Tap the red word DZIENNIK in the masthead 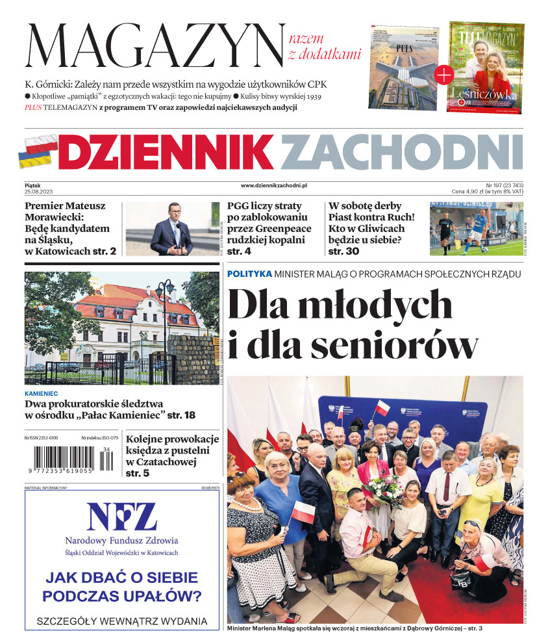(x=166, y=151)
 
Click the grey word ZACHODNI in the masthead (x=401, y=151)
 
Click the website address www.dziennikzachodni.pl (x=273, y=185)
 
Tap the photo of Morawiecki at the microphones (x=171, y=228)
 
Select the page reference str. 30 (x=343, y=251)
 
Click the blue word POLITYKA (x=249, y=274)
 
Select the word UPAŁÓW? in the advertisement (x=162, y=596)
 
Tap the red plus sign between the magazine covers (x=443, y=75)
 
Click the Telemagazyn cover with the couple (x=486, y=68)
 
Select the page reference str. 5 (x=138, y=473)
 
